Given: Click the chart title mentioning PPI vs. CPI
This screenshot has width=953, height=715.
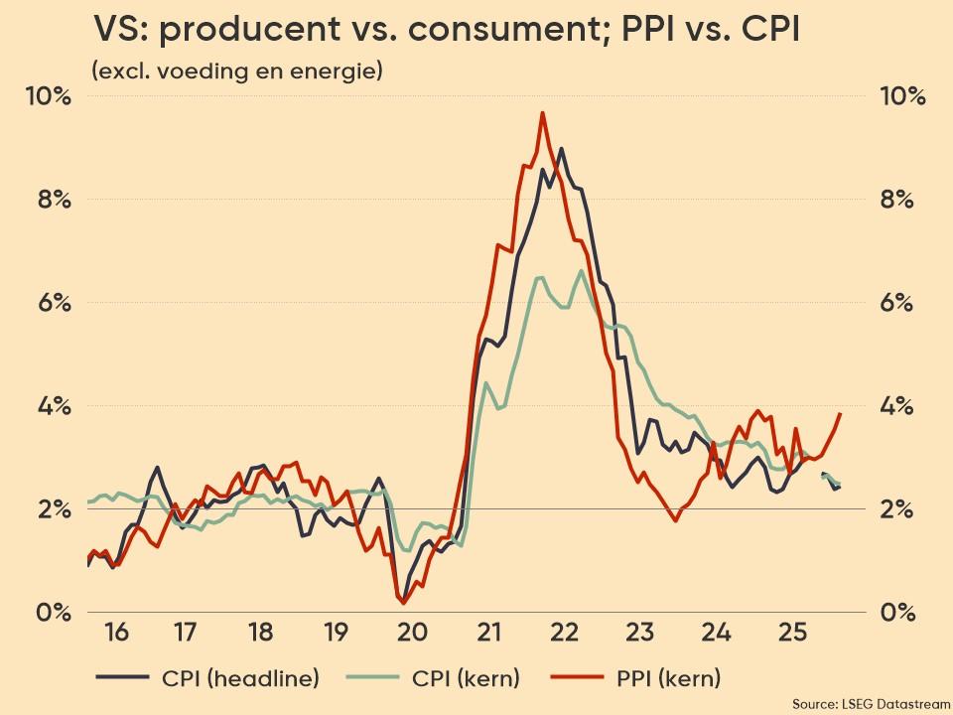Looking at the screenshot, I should pyautogui.click(x=448, y=31).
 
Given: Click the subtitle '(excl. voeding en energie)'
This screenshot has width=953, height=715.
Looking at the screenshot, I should pyautogui.click(x=236, y=71).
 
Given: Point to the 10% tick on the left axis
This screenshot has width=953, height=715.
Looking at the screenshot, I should pyautogui.click(x=49, y=96).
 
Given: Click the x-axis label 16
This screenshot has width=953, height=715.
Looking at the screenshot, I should pyautogui.click(x=115, y=633).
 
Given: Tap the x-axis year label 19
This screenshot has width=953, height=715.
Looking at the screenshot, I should pyautogui.click(x=337, y=633).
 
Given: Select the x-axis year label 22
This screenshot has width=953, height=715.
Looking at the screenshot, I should pyautogui.click(x=564, y=633).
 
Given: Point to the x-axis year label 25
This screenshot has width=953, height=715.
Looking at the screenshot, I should pyautogui.click(x=791, y=633).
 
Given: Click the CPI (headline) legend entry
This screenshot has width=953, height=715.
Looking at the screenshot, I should pyautogui.click(x=208, y=679).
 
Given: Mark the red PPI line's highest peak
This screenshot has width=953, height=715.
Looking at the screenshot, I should pyautogui.click(x=542, y=113).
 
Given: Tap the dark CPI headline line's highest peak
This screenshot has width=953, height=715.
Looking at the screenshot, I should pyautogui.click(x=562, y=149).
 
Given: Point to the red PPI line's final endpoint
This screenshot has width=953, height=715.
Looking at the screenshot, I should pyautogui.click(x=841, y=413).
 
